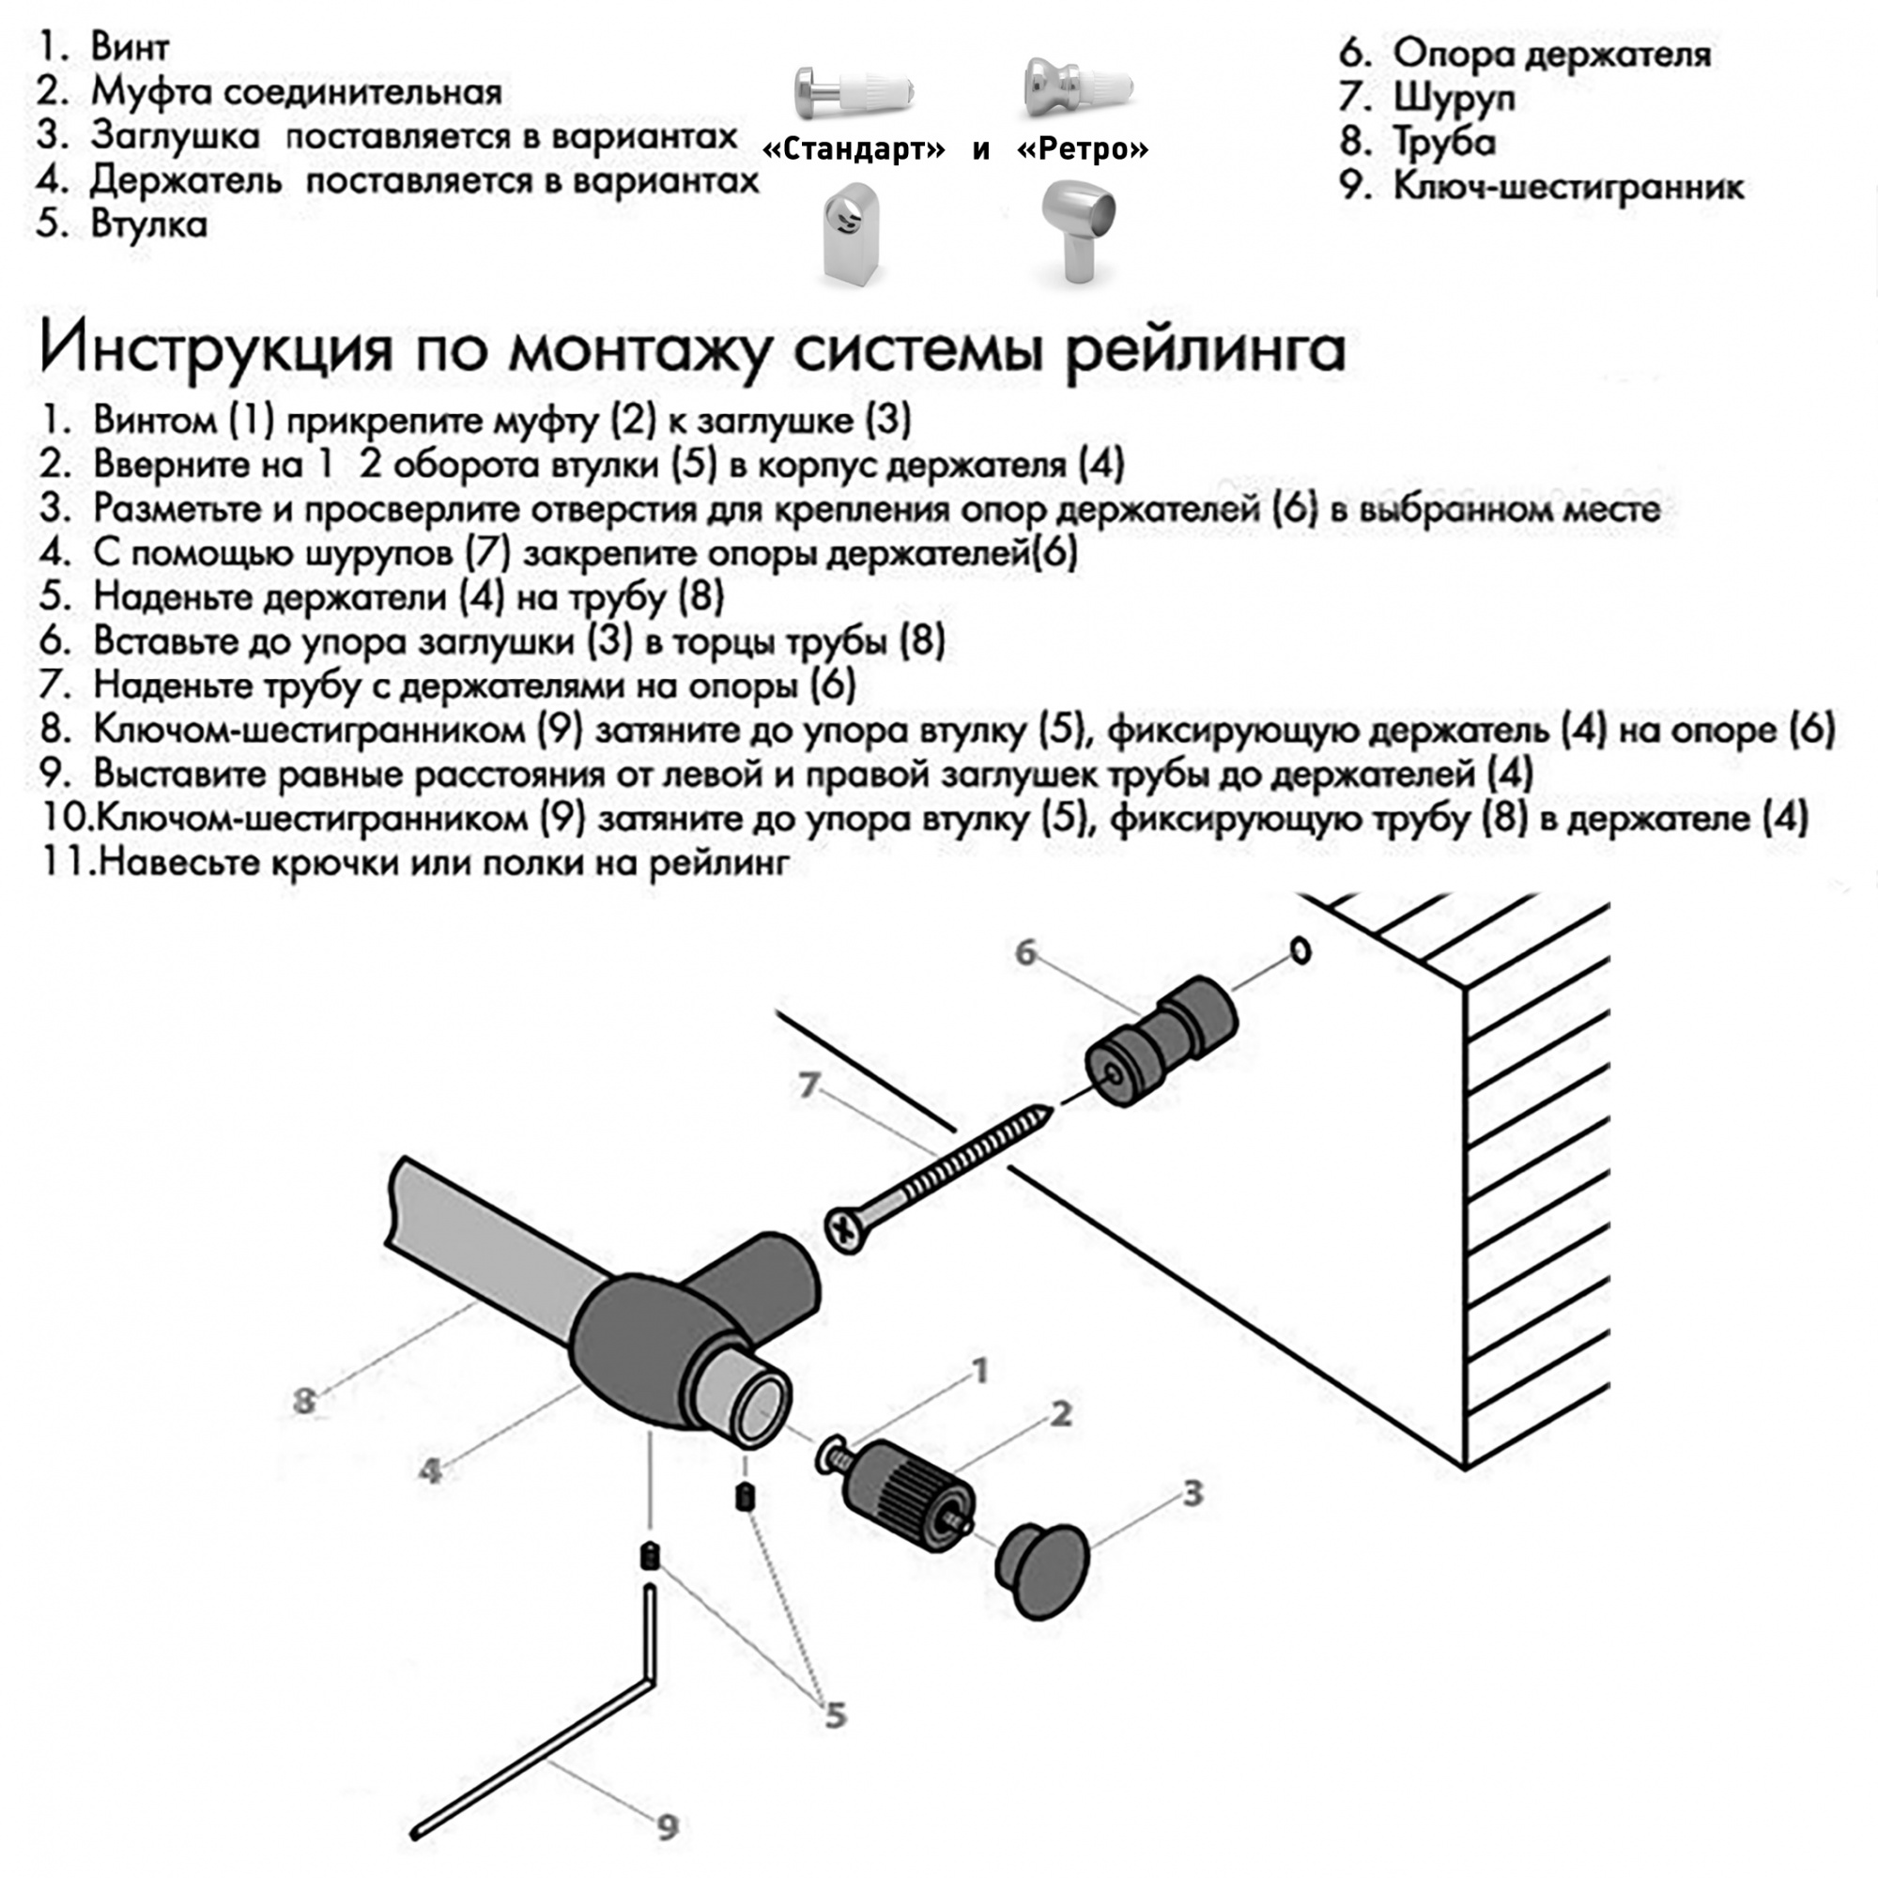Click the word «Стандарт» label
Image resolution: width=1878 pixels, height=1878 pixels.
coord(854,148)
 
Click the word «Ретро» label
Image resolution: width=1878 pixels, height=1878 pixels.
coord(1083,148)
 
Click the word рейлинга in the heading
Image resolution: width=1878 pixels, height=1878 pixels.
coord(1205,350)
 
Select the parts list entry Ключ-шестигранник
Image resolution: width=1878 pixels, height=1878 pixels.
coord(1567,186)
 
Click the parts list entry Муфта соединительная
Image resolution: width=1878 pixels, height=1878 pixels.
coord(296,92)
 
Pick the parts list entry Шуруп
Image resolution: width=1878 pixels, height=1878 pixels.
coord(1454,98)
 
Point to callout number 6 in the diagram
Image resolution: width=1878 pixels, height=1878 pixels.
coord(1025,952)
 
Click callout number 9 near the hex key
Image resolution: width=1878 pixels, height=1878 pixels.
coord(667,1827)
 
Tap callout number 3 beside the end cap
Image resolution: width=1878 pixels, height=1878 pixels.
coord(1193,1494)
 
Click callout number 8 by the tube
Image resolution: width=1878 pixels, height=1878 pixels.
coord(304,1401)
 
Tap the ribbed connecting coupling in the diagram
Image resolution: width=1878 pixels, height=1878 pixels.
coord(910,1487)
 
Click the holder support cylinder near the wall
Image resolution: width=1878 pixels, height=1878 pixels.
coord(1162,1042)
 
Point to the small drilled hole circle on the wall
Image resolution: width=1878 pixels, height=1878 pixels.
coord(1301,949)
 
